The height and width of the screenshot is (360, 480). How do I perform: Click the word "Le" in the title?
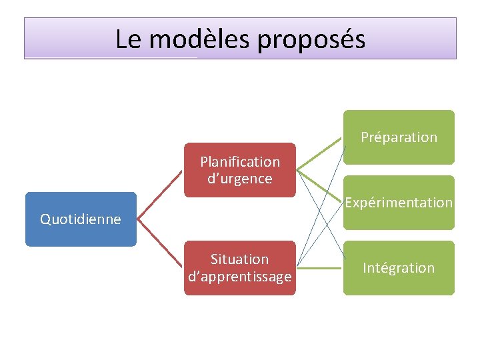pyautogui.click(x=128, y=39)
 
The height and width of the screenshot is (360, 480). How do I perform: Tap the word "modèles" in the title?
pyautogui.click(x=199, y=39)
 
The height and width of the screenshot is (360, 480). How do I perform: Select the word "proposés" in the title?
pyautogui.click(x=311, y=40)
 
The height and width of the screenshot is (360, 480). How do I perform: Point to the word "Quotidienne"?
pyautogui.click(x=81, y=219)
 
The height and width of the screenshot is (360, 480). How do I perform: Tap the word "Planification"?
pyautogui.click(x=240, y=162)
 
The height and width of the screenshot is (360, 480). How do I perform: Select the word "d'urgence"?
pyautogui.click(x=240, y=179)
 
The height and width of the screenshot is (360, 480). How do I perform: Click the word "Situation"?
pyautogui.click(x=240, y=259)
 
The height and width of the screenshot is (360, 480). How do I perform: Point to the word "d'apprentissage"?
pyautogui.click(x=240, y=276)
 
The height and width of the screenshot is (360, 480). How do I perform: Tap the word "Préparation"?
pyautogui.click(x=399, y=137)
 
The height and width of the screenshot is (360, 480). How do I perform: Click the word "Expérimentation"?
pyautogui.click(x=399, y=202)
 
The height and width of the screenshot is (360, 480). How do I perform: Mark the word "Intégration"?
pyautogui.click(x=399, y=268)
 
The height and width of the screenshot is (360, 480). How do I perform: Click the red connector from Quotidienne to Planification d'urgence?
pyautogui.click(x=160, y=195)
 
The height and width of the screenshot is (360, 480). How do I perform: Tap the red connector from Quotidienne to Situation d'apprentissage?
pyautogui.click(x=160, y=243)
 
